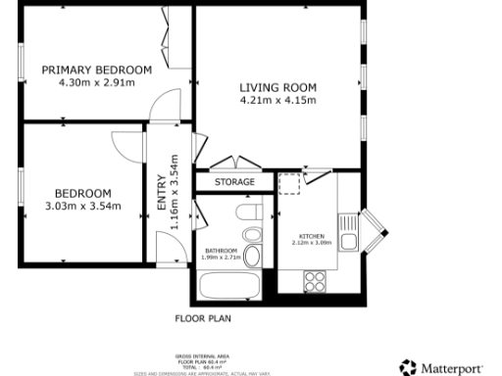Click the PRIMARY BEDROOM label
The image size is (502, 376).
[x=96, y=70]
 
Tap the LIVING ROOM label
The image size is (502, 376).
[x=278, y=87]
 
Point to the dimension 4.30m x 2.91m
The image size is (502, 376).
[x=96, y=82]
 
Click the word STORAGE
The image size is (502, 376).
[x=235, y=182]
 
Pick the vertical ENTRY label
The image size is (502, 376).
[x=162, y=193]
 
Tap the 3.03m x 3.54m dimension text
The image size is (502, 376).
[x=82, y=206]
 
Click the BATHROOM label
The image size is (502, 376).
[x=222, y=252]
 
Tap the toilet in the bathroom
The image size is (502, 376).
[x=250, y=213]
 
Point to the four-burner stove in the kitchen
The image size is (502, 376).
[x=315, y=281]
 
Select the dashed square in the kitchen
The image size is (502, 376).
[x=288, y=183]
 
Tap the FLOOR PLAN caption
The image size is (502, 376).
[x=202, y=318]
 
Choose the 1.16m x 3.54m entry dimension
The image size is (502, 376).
[x=175, y=193]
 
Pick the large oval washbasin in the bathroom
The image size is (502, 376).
[x=251, y=258]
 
